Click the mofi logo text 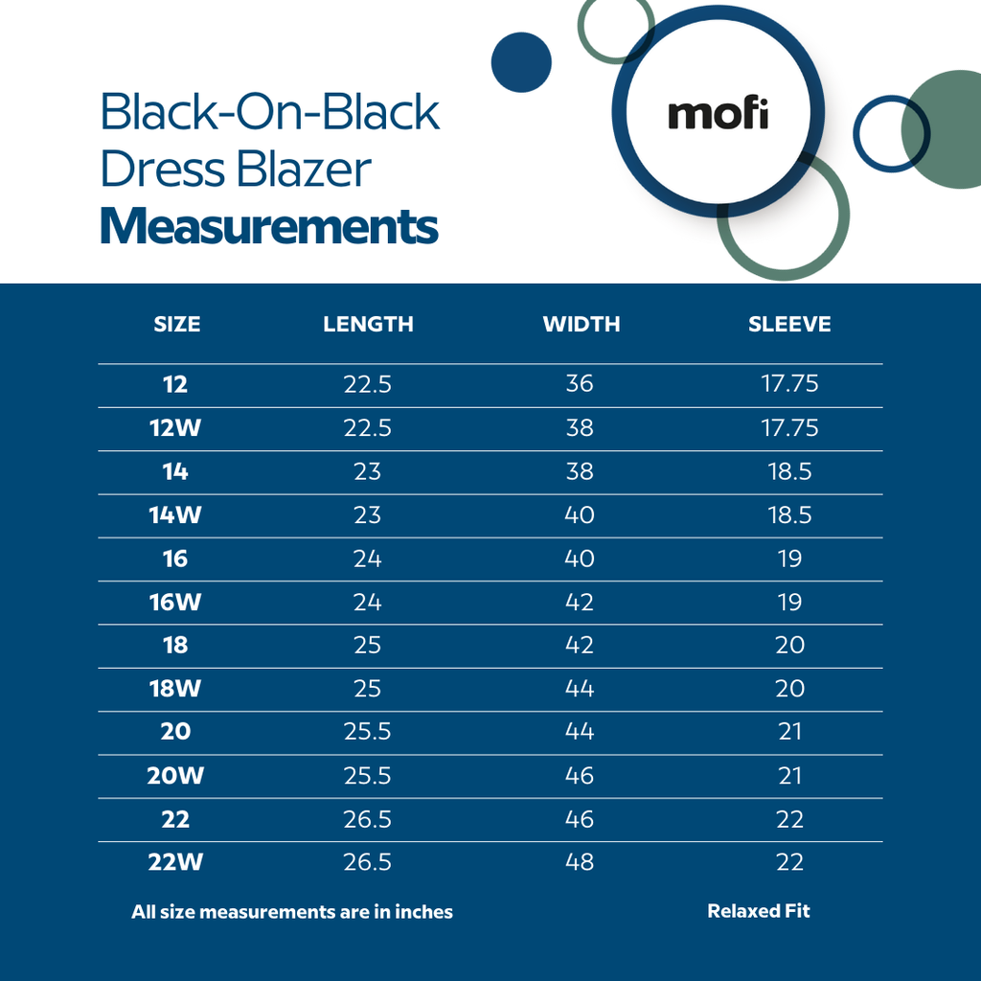click(x=718, y=114)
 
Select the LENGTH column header click(x=368, y=325)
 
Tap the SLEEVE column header click(x=789, y=325)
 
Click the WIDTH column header click(x=581, y=325)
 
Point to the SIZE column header click(x=177, y=325)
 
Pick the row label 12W click(x=175, y=428)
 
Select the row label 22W click(x=175, y=862)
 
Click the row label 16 click(x=175, y=559)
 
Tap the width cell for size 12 click(x=580, y=384)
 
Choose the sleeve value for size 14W click(x=789, y=515)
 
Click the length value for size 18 click(x=367, y=646)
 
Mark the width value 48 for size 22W click(x=580, y=862)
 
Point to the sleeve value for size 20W click(x=789, y=775)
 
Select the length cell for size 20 click(x=367, y=732)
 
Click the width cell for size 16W click(x=580, y=603)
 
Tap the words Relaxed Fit click(x=758, y=911)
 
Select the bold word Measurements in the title click(x=269, y=227)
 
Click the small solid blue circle click(x=521, y=62)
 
